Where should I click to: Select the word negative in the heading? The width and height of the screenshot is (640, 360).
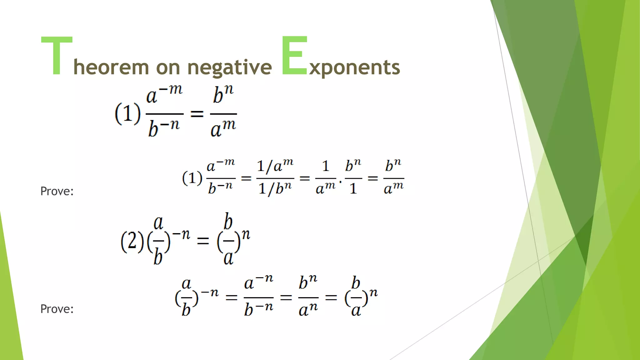tap(229, 67)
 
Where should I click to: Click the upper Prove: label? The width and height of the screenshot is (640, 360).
tap(57, 191)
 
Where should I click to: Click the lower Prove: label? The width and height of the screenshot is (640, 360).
tap(57, 309)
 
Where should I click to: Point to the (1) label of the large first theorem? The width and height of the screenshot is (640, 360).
tap(127, 113)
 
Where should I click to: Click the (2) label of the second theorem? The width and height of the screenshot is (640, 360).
tap(132, 241)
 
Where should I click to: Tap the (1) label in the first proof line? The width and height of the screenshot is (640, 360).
tap(192, 178)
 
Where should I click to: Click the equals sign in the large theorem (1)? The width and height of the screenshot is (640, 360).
tap(197, 114)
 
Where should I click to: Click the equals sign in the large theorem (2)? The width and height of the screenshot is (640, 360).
tap(203, 241)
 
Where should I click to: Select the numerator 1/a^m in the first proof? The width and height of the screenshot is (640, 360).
tap(275, 166)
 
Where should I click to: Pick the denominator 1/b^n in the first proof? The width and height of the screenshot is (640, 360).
tap(275, 188)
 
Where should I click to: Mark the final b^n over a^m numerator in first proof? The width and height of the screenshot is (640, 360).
tap(393, 166)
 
